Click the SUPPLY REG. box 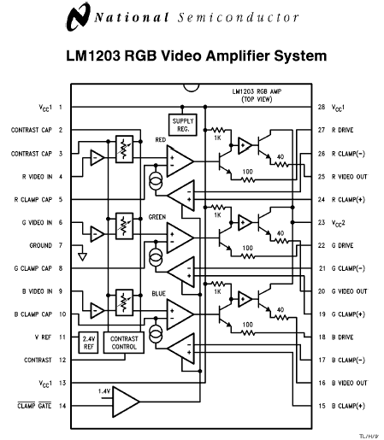[183, 125]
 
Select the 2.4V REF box [88, 343]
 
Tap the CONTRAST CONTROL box [124, 343]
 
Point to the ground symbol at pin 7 [82, 256]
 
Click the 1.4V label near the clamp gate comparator [103, 391]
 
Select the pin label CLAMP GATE [34, 406]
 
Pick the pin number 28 [322, 107]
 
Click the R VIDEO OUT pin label [350, 177]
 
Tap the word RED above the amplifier [161, 139]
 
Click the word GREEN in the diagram [157, 217]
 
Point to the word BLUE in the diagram [158, 293]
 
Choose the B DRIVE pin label [342, 337]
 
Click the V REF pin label [43, 337]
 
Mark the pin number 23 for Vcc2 [322, 222]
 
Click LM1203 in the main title [93, 56]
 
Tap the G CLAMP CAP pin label [33, 268]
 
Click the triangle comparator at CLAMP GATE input [126, 402]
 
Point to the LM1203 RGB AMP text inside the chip [257, 91]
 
